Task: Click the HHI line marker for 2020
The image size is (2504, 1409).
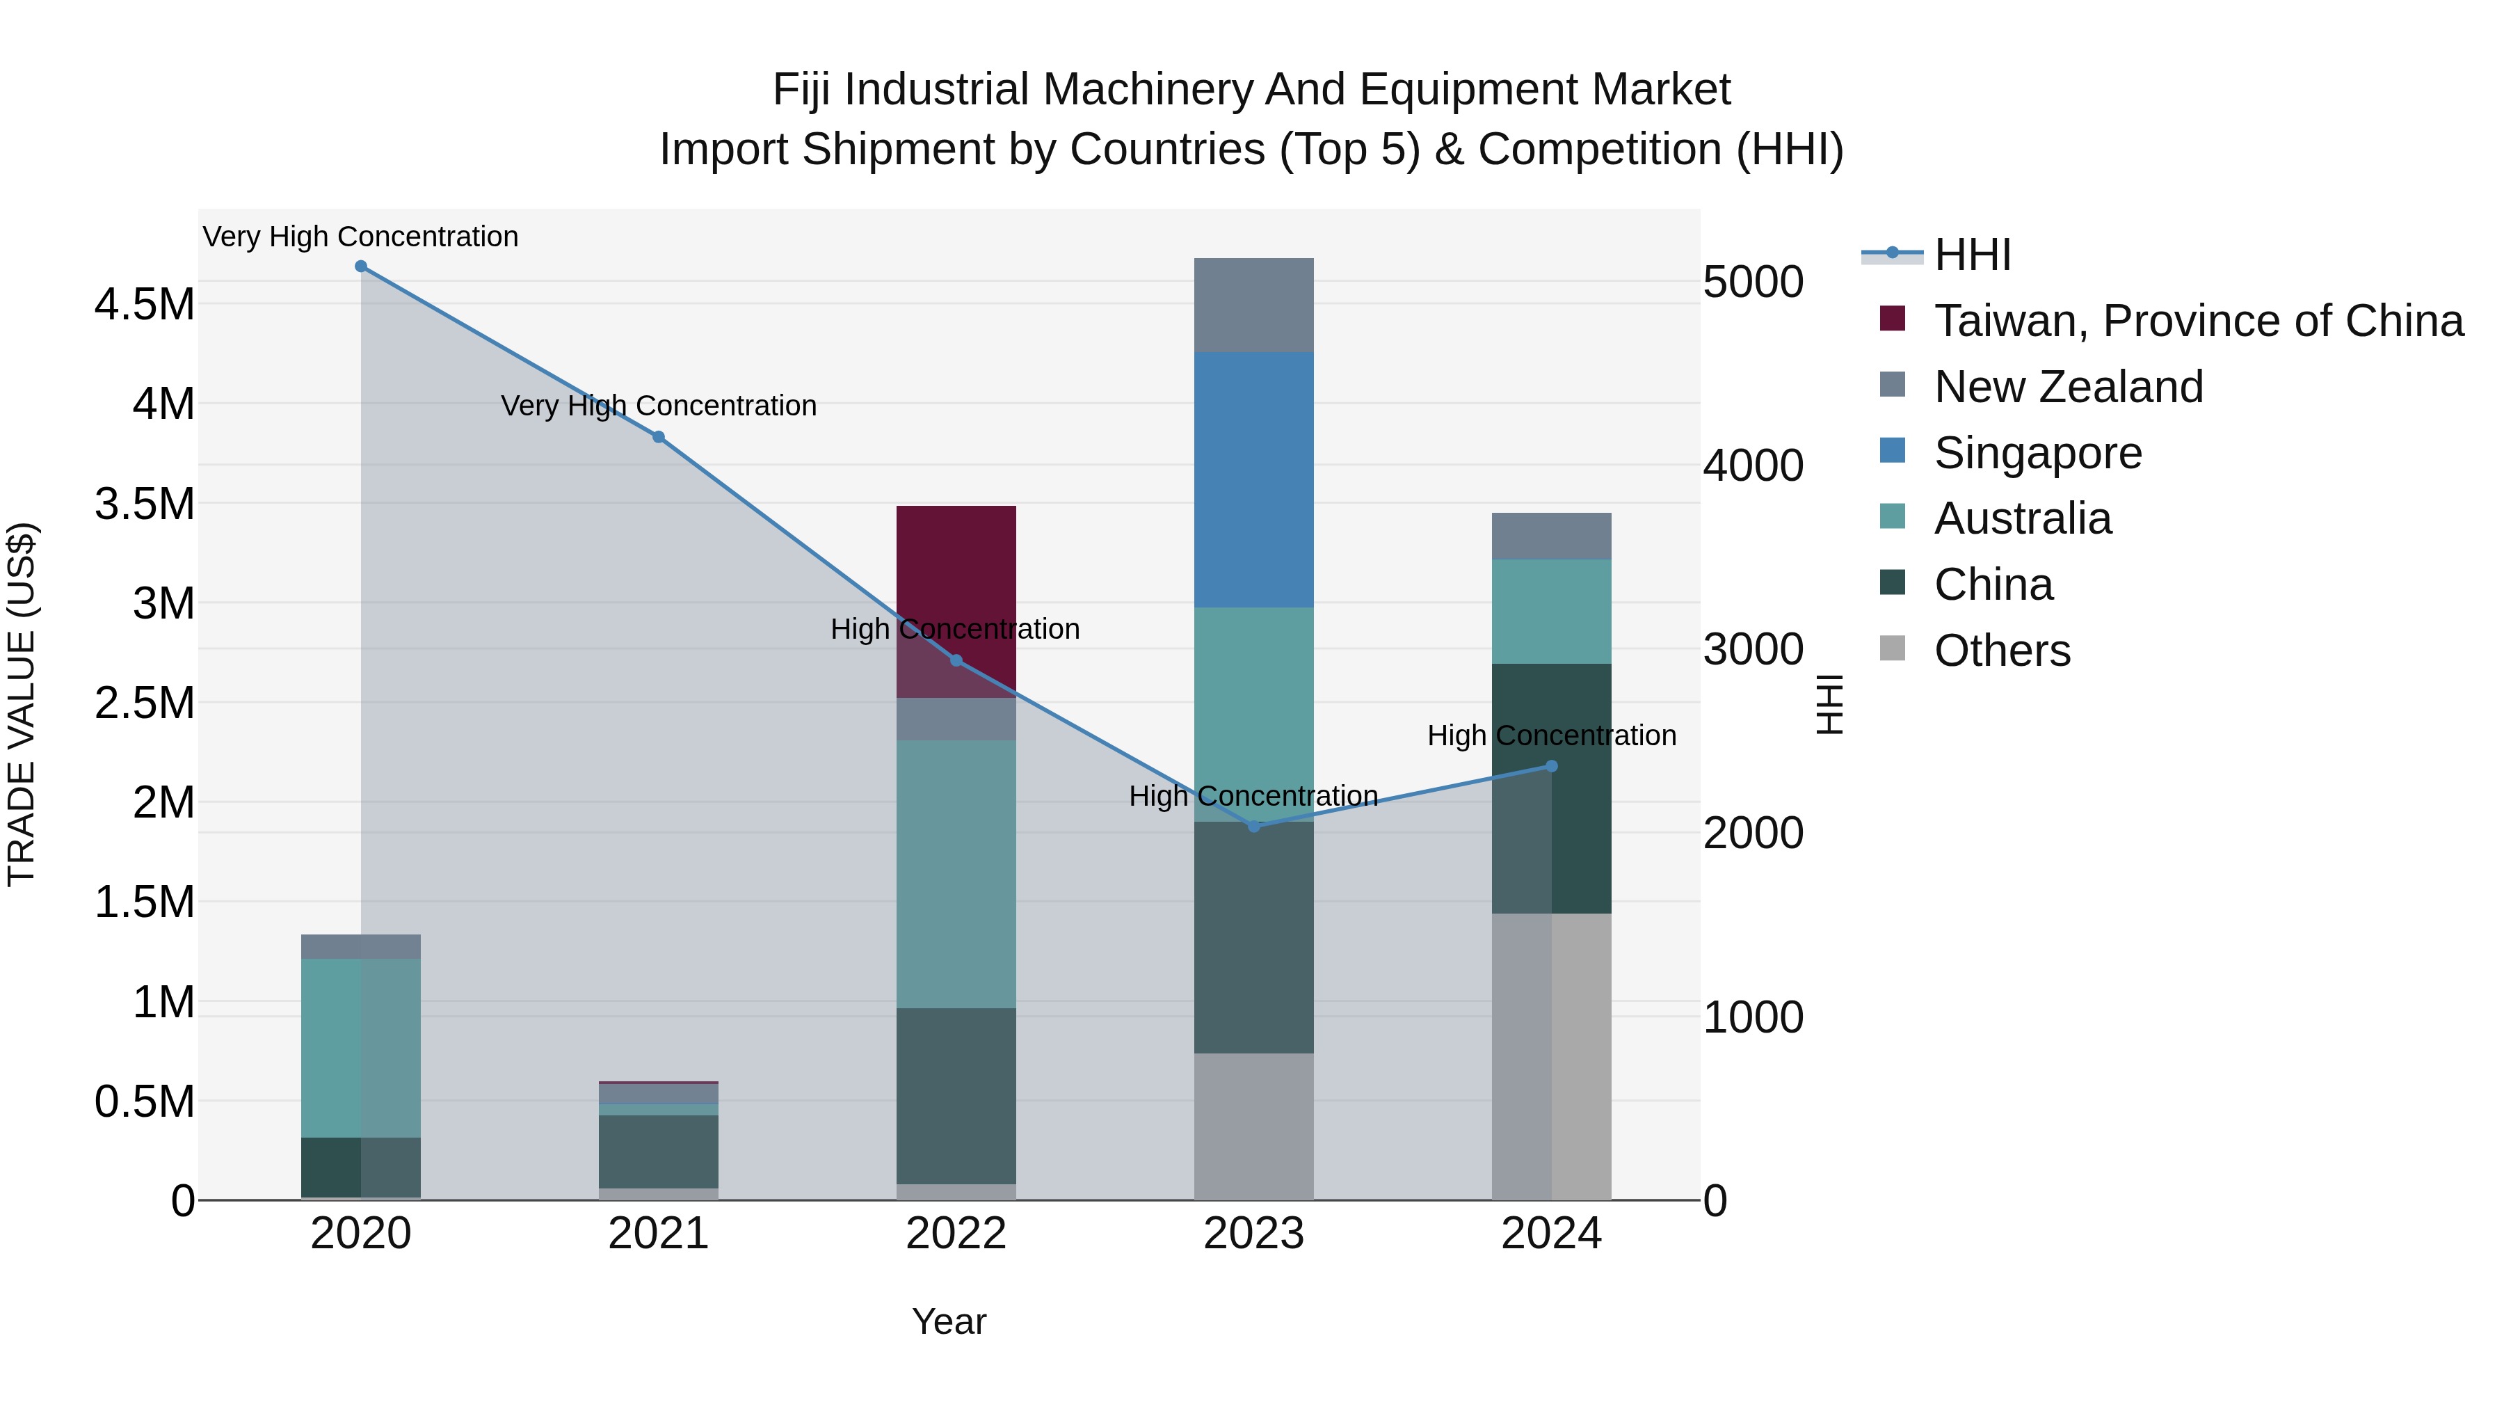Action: tap(360, 266)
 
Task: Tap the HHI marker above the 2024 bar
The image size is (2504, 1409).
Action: tap(1551, 766)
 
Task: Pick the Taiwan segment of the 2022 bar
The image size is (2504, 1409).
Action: tap(956, 564)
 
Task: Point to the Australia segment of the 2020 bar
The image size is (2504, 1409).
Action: tap(360, 1049)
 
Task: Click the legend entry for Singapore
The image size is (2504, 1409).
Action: tap(2037, 453)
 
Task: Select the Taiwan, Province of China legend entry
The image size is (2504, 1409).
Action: tap(2198, 321)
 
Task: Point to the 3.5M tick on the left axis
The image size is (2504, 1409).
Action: tap(144, 504)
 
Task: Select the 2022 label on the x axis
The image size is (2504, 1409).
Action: tap(956, 1234)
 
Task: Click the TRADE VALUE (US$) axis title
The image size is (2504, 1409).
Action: tap(22, 704)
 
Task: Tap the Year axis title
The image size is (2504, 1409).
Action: tap(949, 1321)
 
